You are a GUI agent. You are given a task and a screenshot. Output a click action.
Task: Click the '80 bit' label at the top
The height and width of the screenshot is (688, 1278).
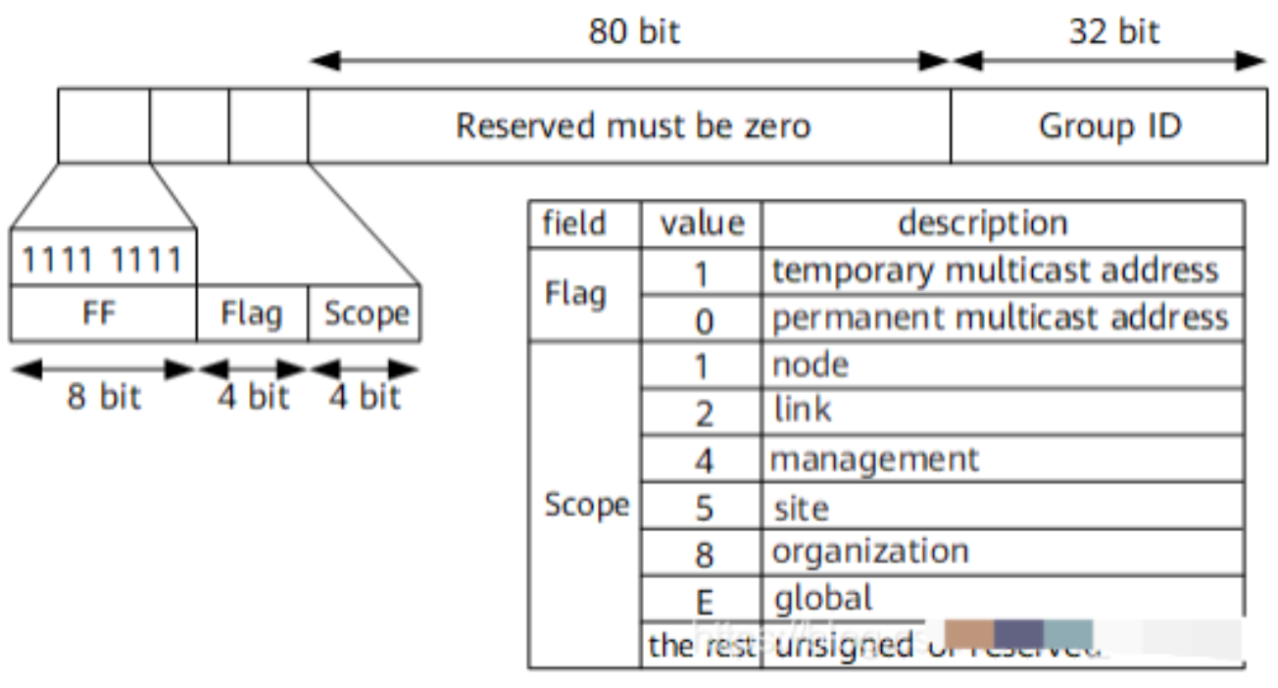point(633,31)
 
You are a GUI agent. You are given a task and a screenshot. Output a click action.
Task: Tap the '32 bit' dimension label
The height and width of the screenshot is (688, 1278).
point(1113,31)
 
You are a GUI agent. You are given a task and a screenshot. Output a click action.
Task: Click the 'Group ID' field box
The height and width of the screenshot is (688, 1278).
point(1109,125)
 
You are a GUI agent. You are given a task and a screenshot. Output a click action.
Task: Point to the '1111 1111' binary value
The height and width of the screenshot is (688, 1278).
point(102,260)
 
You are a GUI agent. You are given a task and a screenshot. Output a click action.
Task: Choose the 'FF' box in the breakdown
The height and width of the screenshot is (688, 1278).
point(102,315)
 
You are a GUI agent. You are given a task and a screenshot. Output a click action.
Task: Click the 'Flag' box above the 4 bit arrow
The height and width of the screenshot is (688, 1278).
point(252,315)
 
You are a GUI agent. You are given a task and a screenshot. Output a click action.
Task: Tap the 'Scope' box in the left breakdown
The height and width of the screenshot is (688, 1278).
point(365,315)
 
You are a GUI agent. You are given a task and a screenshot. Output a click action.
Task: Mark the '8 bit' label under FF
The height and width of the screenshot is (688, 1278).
point(103,397)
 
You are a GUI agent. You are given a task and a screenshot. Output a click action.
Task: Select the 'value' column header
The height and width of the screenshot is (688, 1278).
point(702,223)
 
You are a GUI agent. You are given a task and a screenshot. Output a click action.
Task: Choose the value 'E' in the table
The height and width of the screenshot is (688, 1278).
point(703,599)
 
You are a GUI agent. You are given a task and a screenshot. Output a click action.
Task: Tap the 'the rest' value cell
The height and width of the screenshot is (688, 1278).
point(702,645)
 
